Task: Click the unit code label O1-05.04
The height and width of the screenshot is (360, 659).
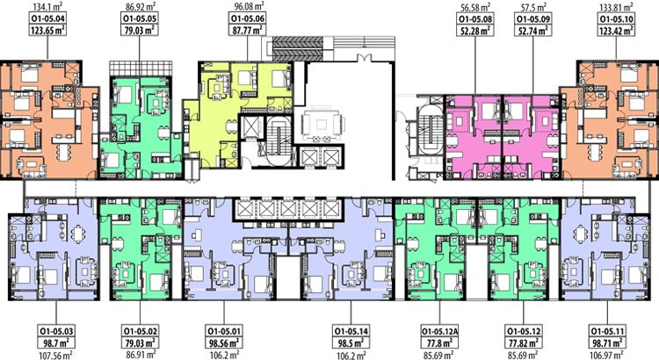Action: coord(48,19)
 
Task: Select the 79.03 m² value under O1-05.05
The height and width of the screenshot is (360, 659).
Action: coord(140,30)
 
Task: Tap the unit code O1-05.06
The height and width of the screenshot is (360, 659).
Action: coord(248,19)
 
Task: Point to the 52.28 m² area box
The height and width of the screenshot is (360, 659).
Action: coord(475,30)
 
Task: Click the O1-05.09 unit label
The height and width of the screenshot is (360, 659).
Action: coord(533,19)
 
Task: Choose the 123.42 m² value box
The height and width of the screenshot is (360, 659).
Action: coord(616,30)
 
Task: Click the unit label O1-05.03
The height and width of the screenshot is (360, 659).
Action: coord(56,331)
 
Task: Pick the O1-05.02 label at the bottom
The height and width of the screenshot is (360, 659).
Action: coord(140,331)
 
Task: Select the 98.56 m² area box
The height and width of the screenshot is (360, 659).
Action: coord(224,342)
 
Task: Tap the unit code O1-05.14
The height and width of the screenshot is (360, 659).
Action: coord(351,331)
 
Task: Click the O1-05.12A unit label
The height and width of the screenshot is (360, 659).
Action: coord(439,331)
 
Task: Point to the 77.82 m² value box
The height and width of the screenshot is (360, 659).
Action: coord(524,342)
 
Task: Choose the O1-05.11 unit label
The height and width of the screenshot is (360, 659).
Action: coord(608,331)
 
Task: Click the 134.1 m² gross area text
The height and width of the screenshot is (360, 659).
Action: coord(48,7)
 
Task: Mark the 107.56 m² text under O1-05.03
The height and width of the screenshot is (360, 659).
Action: coord(56,355)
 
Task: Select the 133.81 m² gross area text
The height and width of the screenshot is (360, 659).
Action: coord(617,7)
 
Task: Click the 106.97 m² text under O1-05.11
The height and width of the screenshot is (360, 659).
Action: coord(608,355)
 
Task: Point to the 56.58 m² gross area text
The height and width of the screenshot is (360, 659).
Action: coord(475,7)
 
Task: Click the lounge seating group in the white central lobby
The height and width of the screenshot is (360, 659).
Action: coord(322,125)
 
